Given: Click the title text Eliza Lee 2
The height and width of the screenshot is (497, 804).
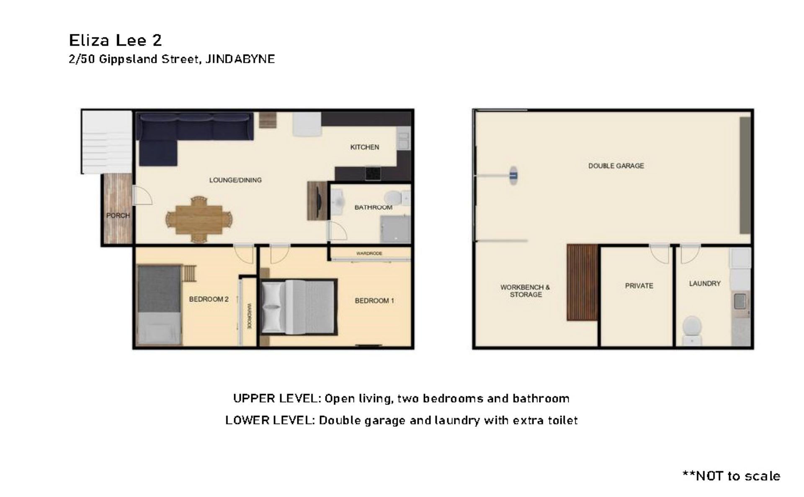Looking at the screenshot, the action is [115, 40].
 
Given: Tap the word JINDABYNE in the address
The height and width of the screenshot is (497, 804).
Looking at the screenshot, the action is [240, 59].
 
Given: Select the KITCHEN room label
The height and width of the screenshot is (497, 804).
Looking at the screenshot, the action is [365, 147].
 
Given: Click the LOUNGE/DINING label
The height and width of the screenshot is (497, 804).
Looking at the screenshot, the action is [235, 180].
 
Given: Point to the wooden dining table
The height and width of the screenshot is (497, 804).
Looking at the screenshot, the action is [199, 219].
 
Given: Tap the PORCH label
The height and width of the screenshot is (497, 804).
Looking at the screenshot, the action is [118, 215].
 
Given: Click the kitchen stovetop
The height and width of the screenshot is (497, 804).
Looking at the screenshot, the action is [372, 173].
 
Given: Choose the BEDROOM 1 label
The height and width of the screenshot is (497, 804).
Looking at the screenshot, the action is [374, 301].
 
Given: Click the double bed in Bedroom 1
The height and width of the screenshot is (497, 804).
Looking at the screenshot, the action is [299, 307].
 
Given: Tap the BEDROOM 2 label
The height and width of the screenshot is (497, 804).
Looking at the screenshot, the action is [209, 299].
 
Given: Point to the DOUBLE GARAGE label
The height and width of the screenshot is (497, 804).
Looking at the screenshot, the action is [616, 166].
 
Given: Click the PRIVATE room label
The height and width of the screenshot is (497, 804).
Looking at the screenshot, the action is [639, 286].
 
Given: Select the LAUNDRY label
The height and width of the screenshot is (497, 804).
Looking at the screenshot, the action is [705, 283].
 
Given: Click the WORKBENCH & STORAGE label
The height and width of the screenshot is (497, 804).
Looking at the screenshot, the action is [525, 291].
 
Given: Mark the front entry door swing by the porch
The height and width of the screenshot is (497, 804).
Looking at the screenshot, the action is [142, 196].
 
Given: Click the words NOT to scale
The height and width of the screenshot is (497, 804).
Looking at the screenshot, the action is [738, 476].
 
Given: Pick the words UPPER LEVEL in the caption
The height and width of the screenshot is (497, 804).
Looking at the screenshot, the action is [277, 398].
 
